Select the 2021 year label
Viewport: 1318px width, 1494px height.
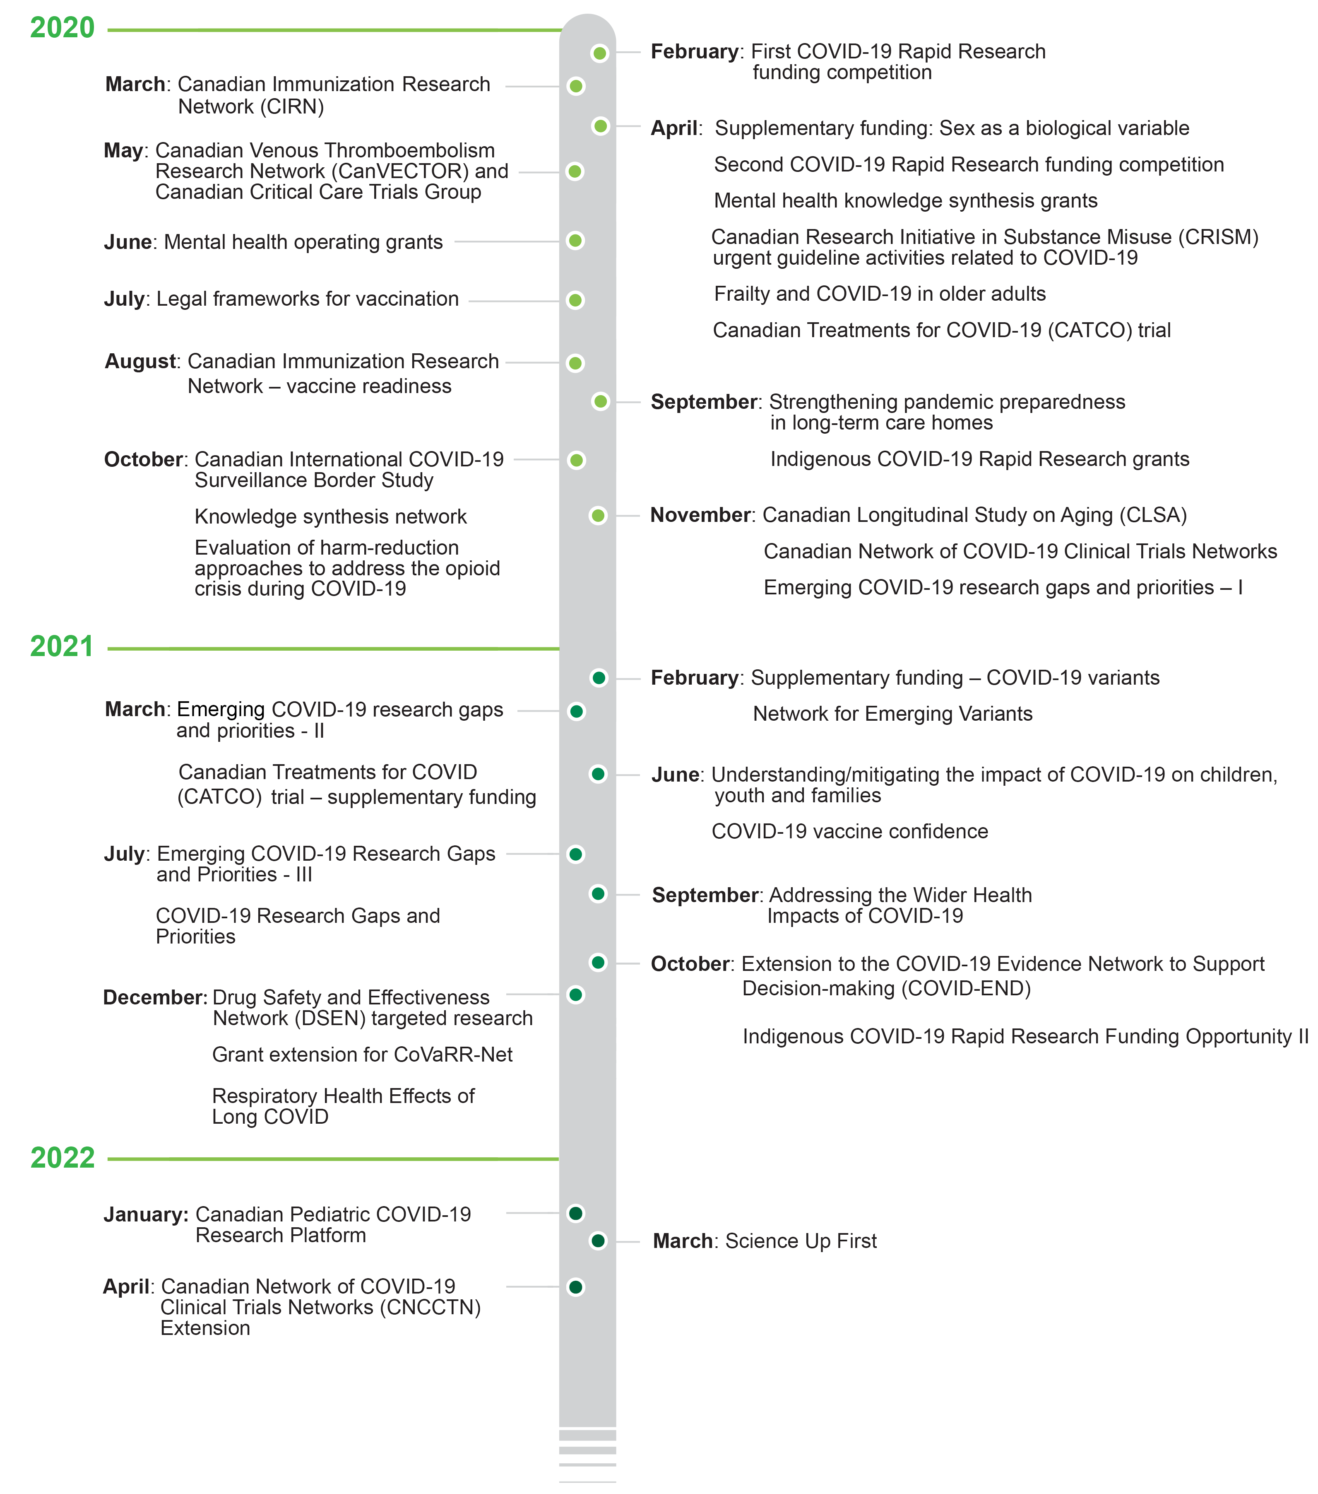62,647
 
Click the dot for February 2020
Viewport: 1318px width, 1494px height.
600,53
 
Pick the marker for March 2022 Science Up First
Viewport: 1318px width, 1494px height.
599,1241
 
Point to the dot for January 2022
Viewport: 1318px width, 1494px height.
576,1213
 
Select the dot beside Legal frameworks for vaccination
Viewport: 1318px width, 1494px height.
576,300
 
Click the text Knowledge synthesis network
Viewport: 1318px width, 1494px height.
330,517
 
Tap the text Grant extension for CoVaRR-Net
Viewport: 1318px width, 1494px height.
362,1054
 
